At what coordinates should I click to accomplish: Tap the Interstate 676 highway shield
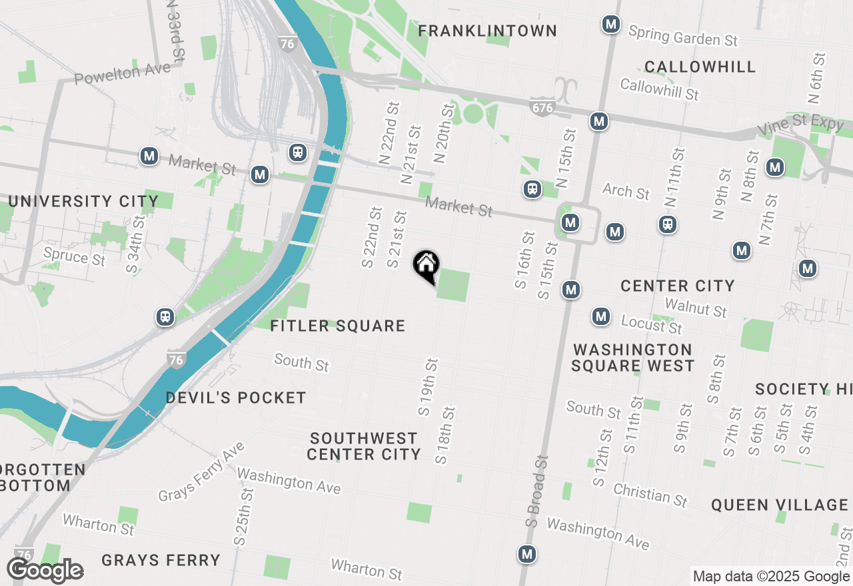543,107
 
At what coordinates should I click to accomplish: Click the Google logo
45,570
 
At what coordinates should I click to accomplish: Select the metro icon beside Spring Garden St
610,25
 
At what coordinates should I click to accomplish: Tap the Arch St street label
626,191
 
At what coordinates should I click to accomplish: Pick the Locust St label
651,325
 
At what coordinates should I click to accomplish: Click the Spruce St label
74,256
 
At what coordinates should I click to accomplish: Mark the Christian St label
650,495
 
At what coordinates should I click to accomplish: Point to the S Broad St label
536,491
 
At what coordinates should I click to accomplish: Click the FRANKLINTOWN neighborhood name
487,31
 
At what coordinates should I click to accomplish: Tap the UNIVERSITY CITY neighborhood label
83,201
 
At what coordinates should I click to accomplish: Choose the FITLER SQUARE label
338,326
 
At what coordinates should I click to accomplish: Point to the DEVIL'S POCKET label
236,398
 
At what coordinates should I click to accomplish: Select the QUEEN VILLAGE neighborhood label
779,505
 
